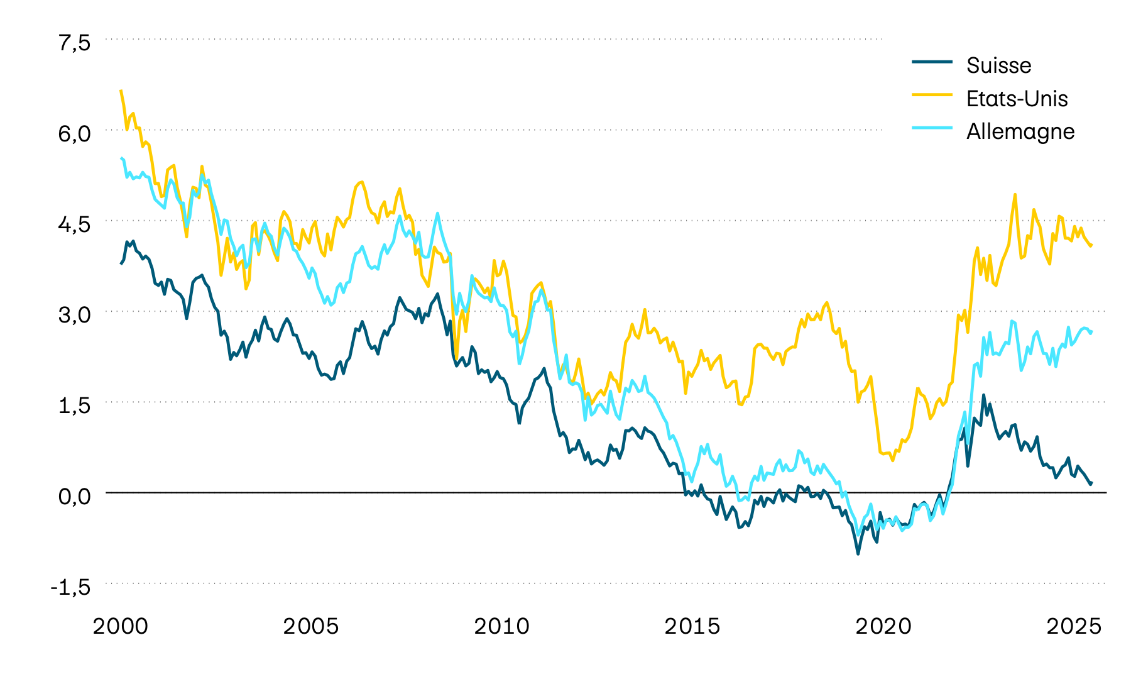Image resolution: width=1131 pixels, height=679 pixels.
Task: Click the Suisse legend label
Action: click(x=998, y=65)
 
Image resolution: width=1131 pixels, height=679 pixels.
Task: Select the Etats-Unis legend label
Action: click(x=1017, y=99)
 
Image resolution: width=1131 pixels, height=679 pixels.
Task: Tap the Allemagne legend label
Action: click(x=1020, y=131)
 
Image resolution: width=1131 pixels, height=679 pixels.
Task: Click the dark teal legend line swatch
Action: click(x=932, y=62)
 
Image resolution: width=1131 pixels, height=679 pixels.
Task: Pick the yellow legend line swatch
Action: click(x=932, y=94)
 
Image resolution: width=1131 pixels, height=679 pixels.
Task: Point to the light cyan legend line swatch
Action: click(x=932, y=128)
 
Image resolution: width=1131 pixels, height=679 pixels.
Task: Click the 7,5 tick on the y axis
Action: click(x=75, y=43)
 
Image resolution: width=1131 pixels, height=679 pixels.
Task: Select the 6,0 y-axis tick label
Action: click(x=75, y=133)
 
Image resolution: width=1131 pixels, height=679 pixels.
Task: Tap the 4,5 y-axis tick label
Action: click(x=75, y=224)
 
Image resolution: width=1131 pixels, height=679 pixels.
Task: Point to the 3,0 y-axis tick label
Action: click(x=75, y=315)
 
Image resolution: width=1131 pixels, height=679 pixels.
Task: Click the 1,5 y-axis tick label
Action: click(x=75, y=406)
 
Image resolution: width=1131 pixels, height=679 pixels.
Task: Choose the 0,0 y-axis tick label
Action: click(x=75, y=496)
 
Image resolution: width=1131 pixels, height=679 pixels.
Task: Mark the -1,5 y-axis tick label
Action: click(x=70, y=587)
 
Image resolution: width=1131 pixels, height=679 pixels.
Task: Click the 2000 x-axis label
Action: click(x=121, y=627)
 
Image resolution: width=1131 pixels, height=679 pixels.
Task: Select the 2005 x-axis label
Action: click(x=311, y=627)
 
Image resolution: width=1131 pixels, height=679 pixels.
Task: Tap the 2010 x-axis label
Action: click(x=501, y=627)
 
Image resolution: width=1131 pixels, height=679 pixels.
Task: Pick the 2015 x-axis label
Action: click(x=692, y=627)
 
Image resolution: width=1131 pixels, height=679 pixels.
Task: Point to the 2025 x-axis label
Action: click(x=1073, y=627)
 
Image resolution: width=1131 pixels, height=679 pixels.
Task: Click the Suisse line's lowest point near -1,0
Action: click(x=858, y=553)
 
